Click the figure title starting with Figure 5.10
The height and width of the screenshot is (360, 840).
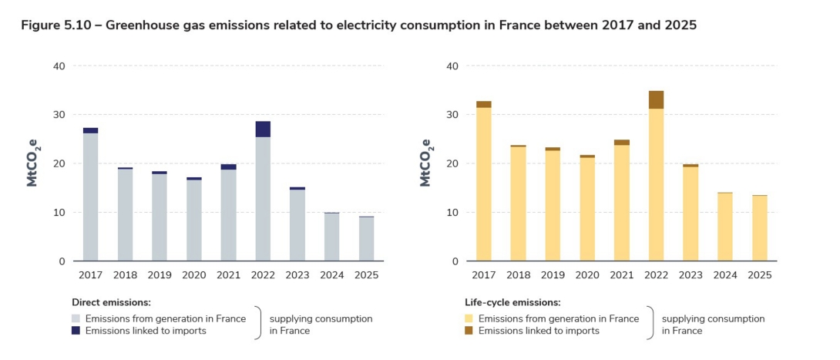tap(358, 25)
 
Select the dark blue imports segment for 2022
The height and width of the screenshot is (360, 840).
tap(263, 129)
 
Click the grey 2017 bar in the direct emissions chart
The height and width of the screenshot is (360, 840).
tap(90, 197)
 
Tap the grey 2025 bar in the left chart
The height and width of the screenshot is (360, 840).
tap(367, 239)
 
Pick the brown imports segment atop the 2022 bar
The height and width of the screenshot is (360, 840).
tap(656, 99)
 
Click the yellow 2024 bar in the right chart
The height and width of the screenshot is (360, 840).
tap(725, 227)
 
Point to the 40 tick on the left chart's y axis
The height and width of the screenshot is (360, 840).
tap(59, 66)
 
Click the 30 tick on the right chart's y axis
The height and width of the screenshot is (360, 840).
tap(452, 115)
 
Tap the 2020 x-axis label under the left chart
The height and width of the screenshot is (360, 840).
tap(194, 274)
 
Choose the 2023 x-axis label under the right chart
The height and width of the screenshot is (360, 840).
tap(690, 274)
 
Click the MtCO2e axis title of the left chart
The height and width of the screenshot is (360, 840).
tap(35, 163)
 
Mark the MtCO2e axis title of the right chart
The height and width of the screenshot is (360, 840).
tap(425, 163)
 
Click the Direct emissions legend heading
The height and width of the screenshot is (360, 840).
tap(111, 303)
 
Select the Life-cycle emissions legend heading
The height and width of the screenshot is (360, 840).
tap(512, 303)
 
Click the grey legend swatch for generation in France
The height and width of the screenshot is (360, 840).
tap(76, 318)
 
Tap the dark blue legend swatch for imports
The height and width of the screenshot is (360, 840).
tap(76, 331)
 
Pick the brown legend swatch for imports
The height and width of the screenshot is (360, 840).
tap(469, 331)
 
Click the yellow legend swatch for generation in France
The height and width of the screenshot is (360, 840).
tap(469, 318)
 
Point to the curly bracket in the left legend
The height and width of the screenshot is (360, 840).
tap(257, 325)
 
